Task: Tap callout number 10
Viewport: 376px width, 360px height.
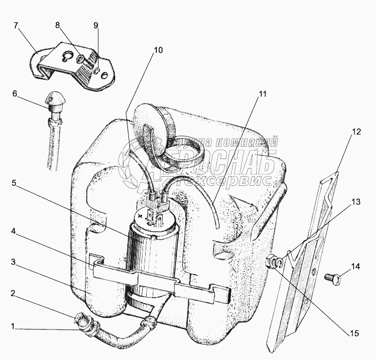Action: (x=159, y=50)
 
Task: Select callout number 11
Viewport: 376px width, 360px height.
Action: (x=262, y=94)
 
